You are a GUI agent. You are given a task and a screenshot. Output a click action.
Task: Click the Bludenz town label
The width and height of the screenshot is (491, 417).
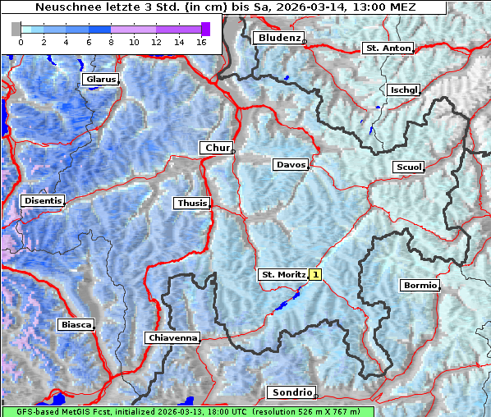coord(278,38)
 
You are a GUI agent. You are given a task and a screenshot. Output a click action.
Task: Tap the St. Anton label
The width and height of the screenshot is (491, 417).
coord(388,48)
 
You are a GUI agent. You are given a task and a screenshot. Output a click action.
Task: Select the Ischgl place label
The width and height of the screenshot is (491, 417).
coord(403,89)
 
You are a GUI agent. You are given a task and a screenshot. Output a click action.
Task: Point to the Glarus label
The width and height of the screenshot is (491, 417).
coord(99,80)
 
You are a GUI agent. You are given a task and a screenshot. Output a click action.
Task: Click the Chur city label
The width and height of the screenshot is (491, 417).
coord(217,148)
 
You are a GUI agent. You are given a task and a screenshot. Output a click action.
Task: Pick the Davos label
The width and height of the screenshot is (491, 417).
coord(291,165)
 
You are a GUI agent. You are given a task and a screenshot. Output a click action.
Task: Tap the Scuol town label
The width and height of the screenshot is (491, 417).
coord(408,167)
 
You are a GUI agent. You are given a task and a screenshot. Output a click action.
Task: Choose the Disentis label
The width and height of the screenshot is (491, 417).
coord(43,200)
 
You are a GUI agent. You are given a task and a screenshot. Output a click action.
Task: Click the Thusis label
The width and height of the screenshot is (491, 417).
coord(191,203)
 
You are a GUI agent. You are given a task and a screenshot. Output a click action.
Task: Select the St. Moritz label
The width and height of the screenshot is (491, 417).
coord(282,274)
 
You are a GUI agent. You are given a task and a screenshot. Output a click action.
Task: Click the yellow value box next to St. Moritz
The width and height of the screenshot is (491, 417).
coord(316,274)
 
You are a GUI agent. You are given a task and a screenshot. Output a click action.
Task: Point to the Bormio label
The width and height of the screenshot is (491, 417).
coord(420,286)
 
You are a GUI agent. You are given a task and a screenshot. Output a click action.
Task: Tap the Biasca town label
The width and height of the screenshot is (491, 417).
coord(76,324)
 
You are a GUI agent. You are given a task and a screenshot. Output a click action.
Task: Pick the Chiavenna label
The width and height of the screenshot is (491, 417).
coord(172,337)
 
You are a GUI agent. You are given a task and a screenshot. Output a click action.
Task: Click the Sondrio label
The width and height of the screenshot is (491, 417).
coord(291,392)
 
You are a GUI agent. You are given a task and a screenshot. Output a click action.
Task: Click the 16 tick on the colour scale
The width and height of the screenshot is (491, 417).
coord(201,41)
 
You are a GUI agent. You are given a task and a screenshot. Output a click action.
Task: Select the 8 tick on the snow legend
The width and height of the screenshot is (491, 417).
coord(111,41)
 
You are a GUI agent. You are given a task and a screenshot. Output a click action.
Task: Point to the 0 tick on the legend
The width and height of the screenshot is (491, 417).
coord(21,41)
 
